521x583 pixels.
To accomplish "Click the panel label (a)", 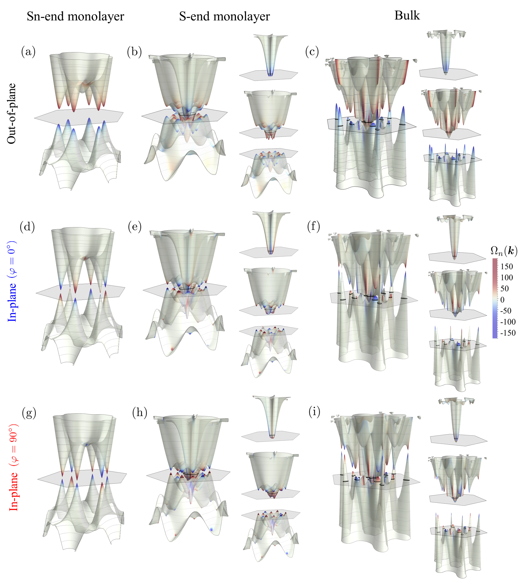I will (28, 52).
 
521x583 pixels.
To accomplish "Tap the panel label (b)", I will (134, 52).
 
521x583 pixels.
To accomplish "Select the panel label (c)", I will (312, 52).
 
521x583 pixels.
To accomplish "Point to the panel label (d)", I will (27, 227).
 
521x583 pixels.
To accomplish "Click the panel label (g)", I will (29, 413).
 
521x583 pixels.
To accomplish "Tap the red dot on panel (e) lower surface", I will (172, 349).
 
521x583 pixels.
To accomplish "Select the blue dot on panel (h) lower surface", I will (211, 530).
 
